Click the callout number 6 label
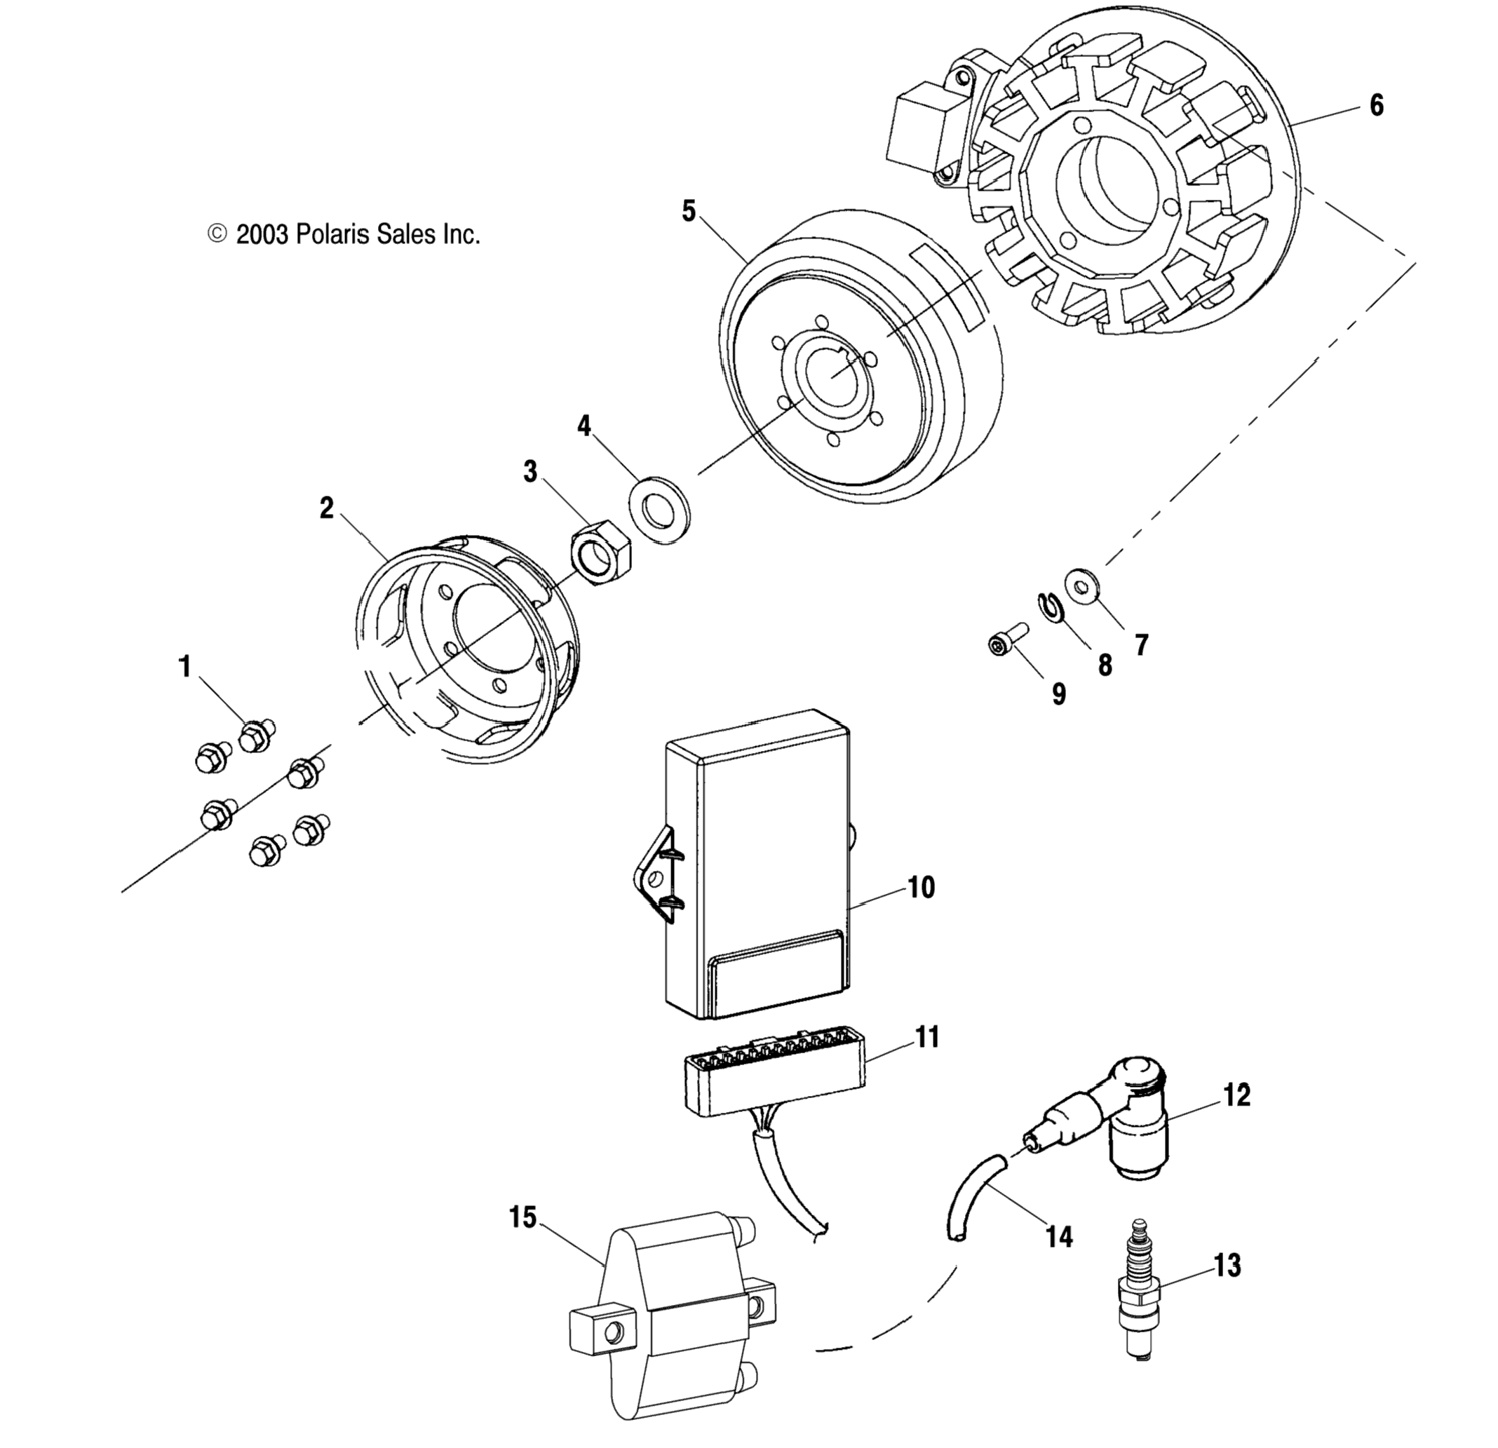[1376, 105]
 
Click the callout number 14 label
[1059, 1236]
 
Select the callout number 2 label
[326, 508]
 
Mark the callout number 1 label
[184, 667]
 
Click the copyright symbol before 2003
[218, 233]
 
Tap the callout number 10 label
[921, 887]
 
